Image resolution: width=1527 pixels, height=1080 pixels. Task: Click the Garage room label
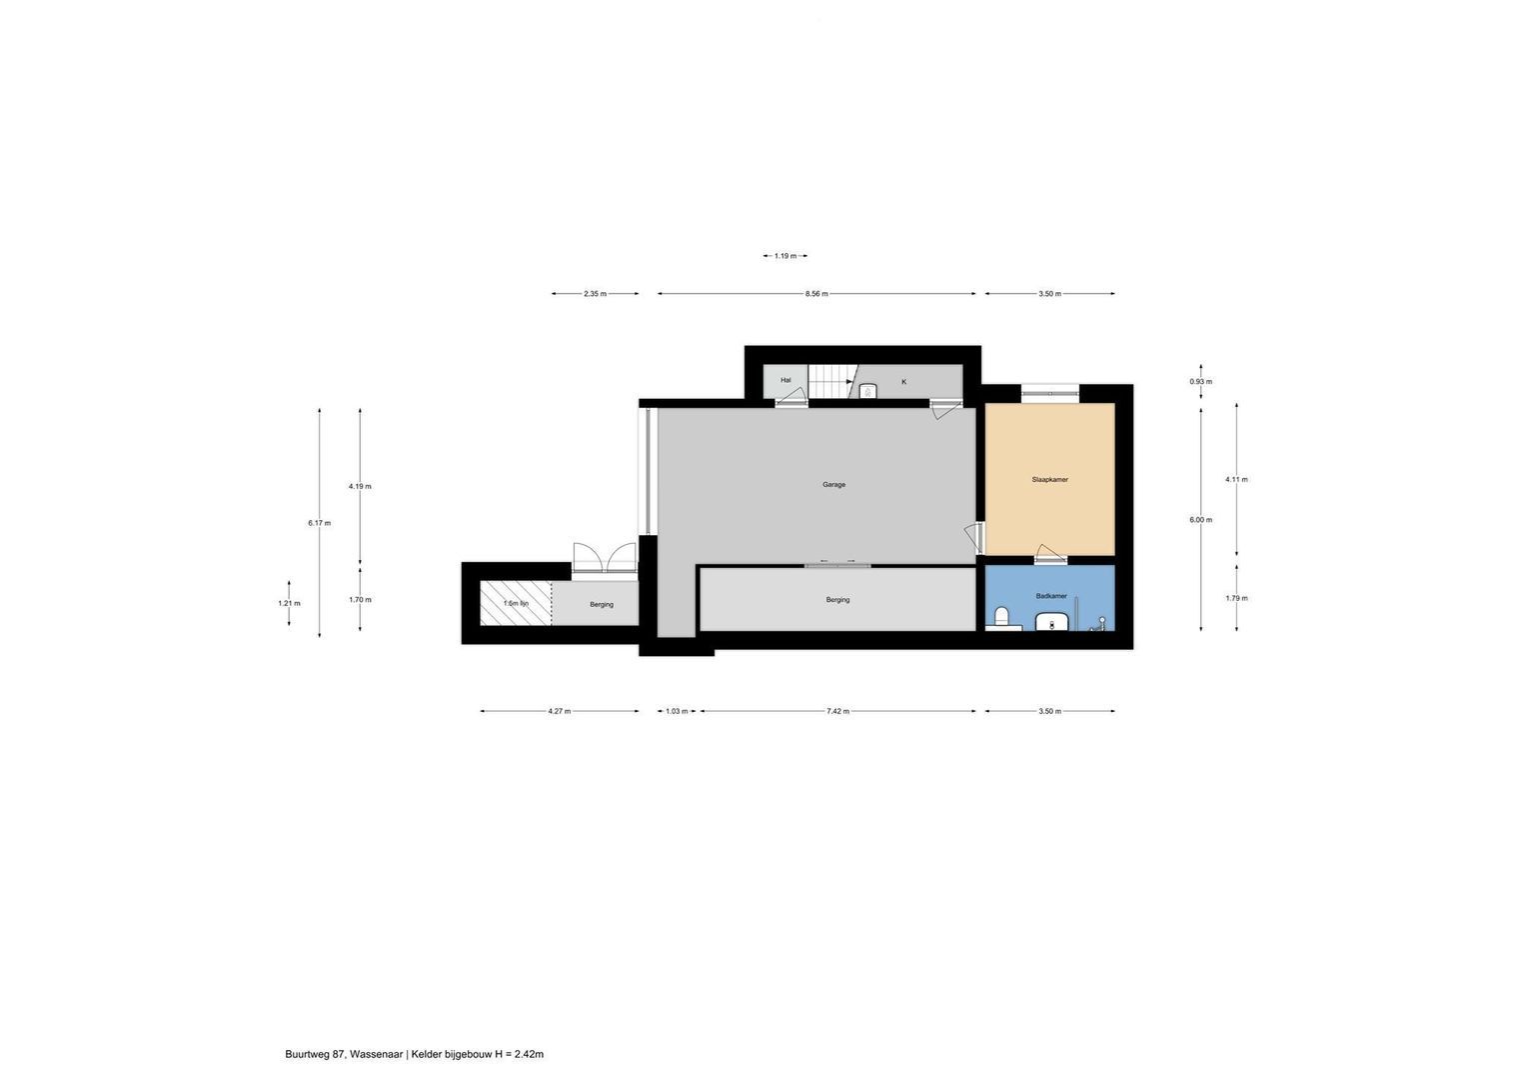833,485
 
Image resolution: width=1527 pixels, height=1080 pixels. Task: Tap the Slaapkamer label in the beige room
1049,480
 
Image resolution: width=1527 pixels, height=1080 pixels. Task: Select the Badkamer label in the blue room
1050,596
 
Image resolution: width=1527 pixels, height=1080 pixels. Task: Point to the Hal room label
785,380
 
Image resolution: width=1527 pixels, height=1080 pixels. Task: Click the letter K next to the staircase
903,382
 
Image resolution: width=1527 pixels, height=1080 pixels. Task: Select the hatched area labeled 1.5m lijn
515,604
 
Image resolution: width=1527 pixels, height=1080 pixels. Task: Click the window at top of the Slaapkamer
1049,394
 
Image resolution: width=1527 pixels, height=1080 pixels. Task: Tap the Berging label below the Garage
837,600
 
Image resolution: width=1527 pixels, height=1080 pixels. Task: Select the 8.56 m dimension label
816,294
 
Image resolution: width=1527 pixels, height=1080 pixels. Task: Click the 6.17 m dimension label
319,523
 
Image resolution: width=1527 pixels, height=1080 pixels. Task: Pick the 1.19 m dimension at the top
785,256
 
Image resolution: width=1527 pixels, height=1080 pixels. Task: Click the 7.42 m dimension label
837,711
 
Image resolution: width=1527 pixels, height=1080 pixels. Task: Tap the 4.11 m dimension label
1236,480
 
